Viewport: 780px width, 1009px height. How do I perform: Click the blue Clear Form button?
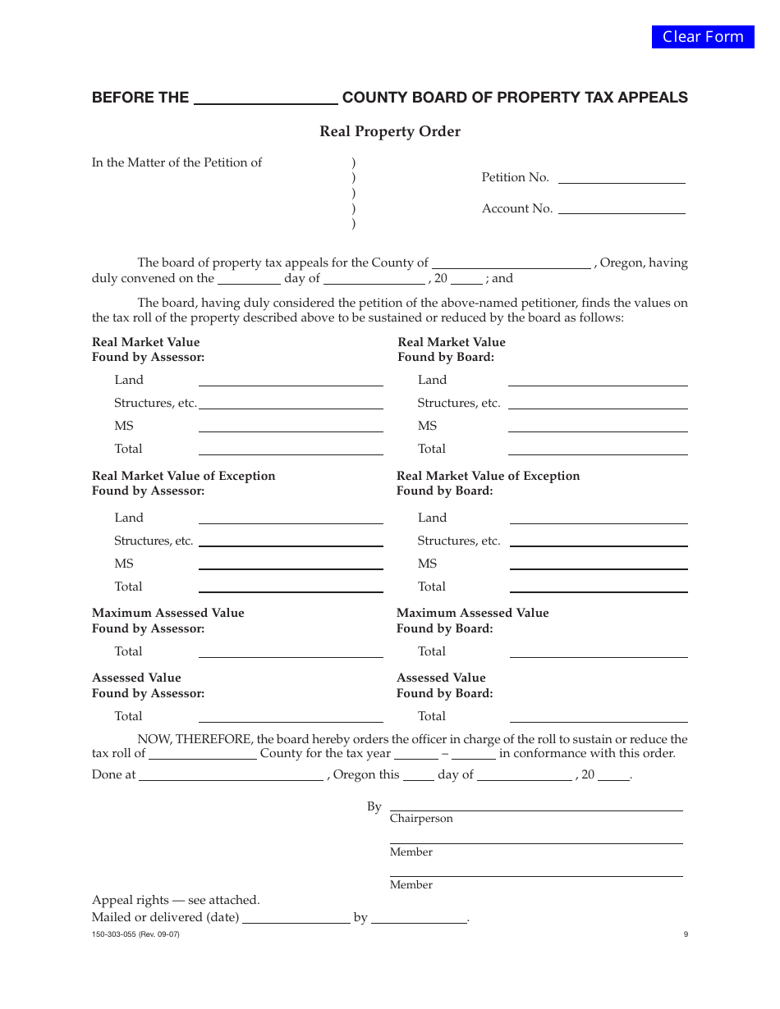pos(703,37)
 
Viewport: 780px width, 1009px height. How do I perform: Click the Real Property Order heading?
pos(390,131)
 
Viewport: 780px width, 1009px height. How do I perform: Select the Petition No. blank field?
pos(622,177)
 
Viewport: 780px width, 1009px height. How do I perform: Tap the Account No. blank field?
pos(622,208)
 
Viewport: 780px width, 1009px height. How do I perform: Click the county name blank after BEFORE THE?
pos(265,98)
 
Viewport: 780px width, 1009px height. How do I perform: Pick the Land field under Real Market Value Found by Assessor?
pos(291,380)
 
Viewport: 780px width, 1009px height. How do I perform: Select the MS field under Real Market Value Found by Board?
pos(598,426)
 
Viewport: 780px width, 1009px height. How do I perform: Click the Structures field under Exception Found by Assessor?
pos(291,541)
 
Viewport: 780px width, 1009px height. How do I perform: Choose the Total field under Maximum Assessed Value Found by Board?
pos(599,651)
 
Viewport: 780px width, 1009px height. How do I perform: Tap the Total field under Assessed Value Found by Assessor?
pos(291,716)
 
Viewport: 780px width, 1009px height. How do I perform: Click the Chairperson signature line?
pos(536,806)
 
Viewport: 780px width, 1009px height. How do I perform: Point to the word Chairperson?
pos(421,819)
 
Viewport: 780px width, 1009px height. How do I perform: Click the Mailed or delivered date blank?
pos(296,918)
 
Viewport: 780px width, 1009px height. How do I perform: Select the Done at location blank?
pos(231,775)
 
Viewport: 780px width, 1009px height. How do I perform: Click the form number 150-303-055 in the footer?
pos(135,934)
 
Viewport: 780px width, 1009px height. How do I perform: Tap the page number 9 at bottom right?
pos(686,934)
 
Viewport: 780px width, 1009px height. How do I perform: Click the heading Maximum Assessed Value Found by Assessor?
pos(167,621)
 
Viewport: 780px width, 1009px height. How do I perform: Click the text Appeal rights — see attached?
pos(176,900)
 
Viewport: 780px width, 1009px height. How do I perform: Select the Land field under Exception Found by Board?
pos(599,518)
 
